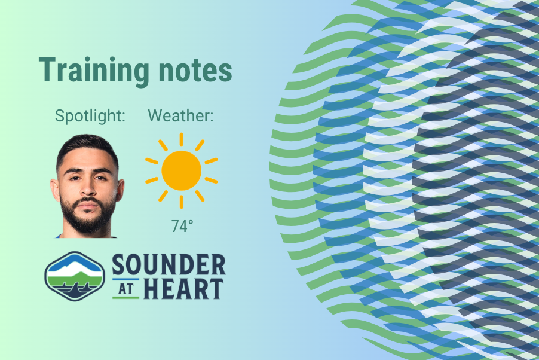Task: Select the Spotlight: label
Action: [90, 116]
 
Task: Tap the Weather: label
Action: [180, 116]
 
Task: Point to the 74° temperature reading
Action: [182, 227]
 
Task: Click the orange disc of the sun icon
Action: [181, 170]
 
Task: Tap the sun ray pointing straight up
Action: [181, 139]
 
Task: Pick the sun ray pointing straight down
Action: [181, 202]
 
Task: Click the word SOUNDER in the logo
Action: [169, 265]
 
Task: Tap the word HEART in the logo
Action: [185, 289]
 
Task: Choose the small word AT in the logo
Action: [125, 288]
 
